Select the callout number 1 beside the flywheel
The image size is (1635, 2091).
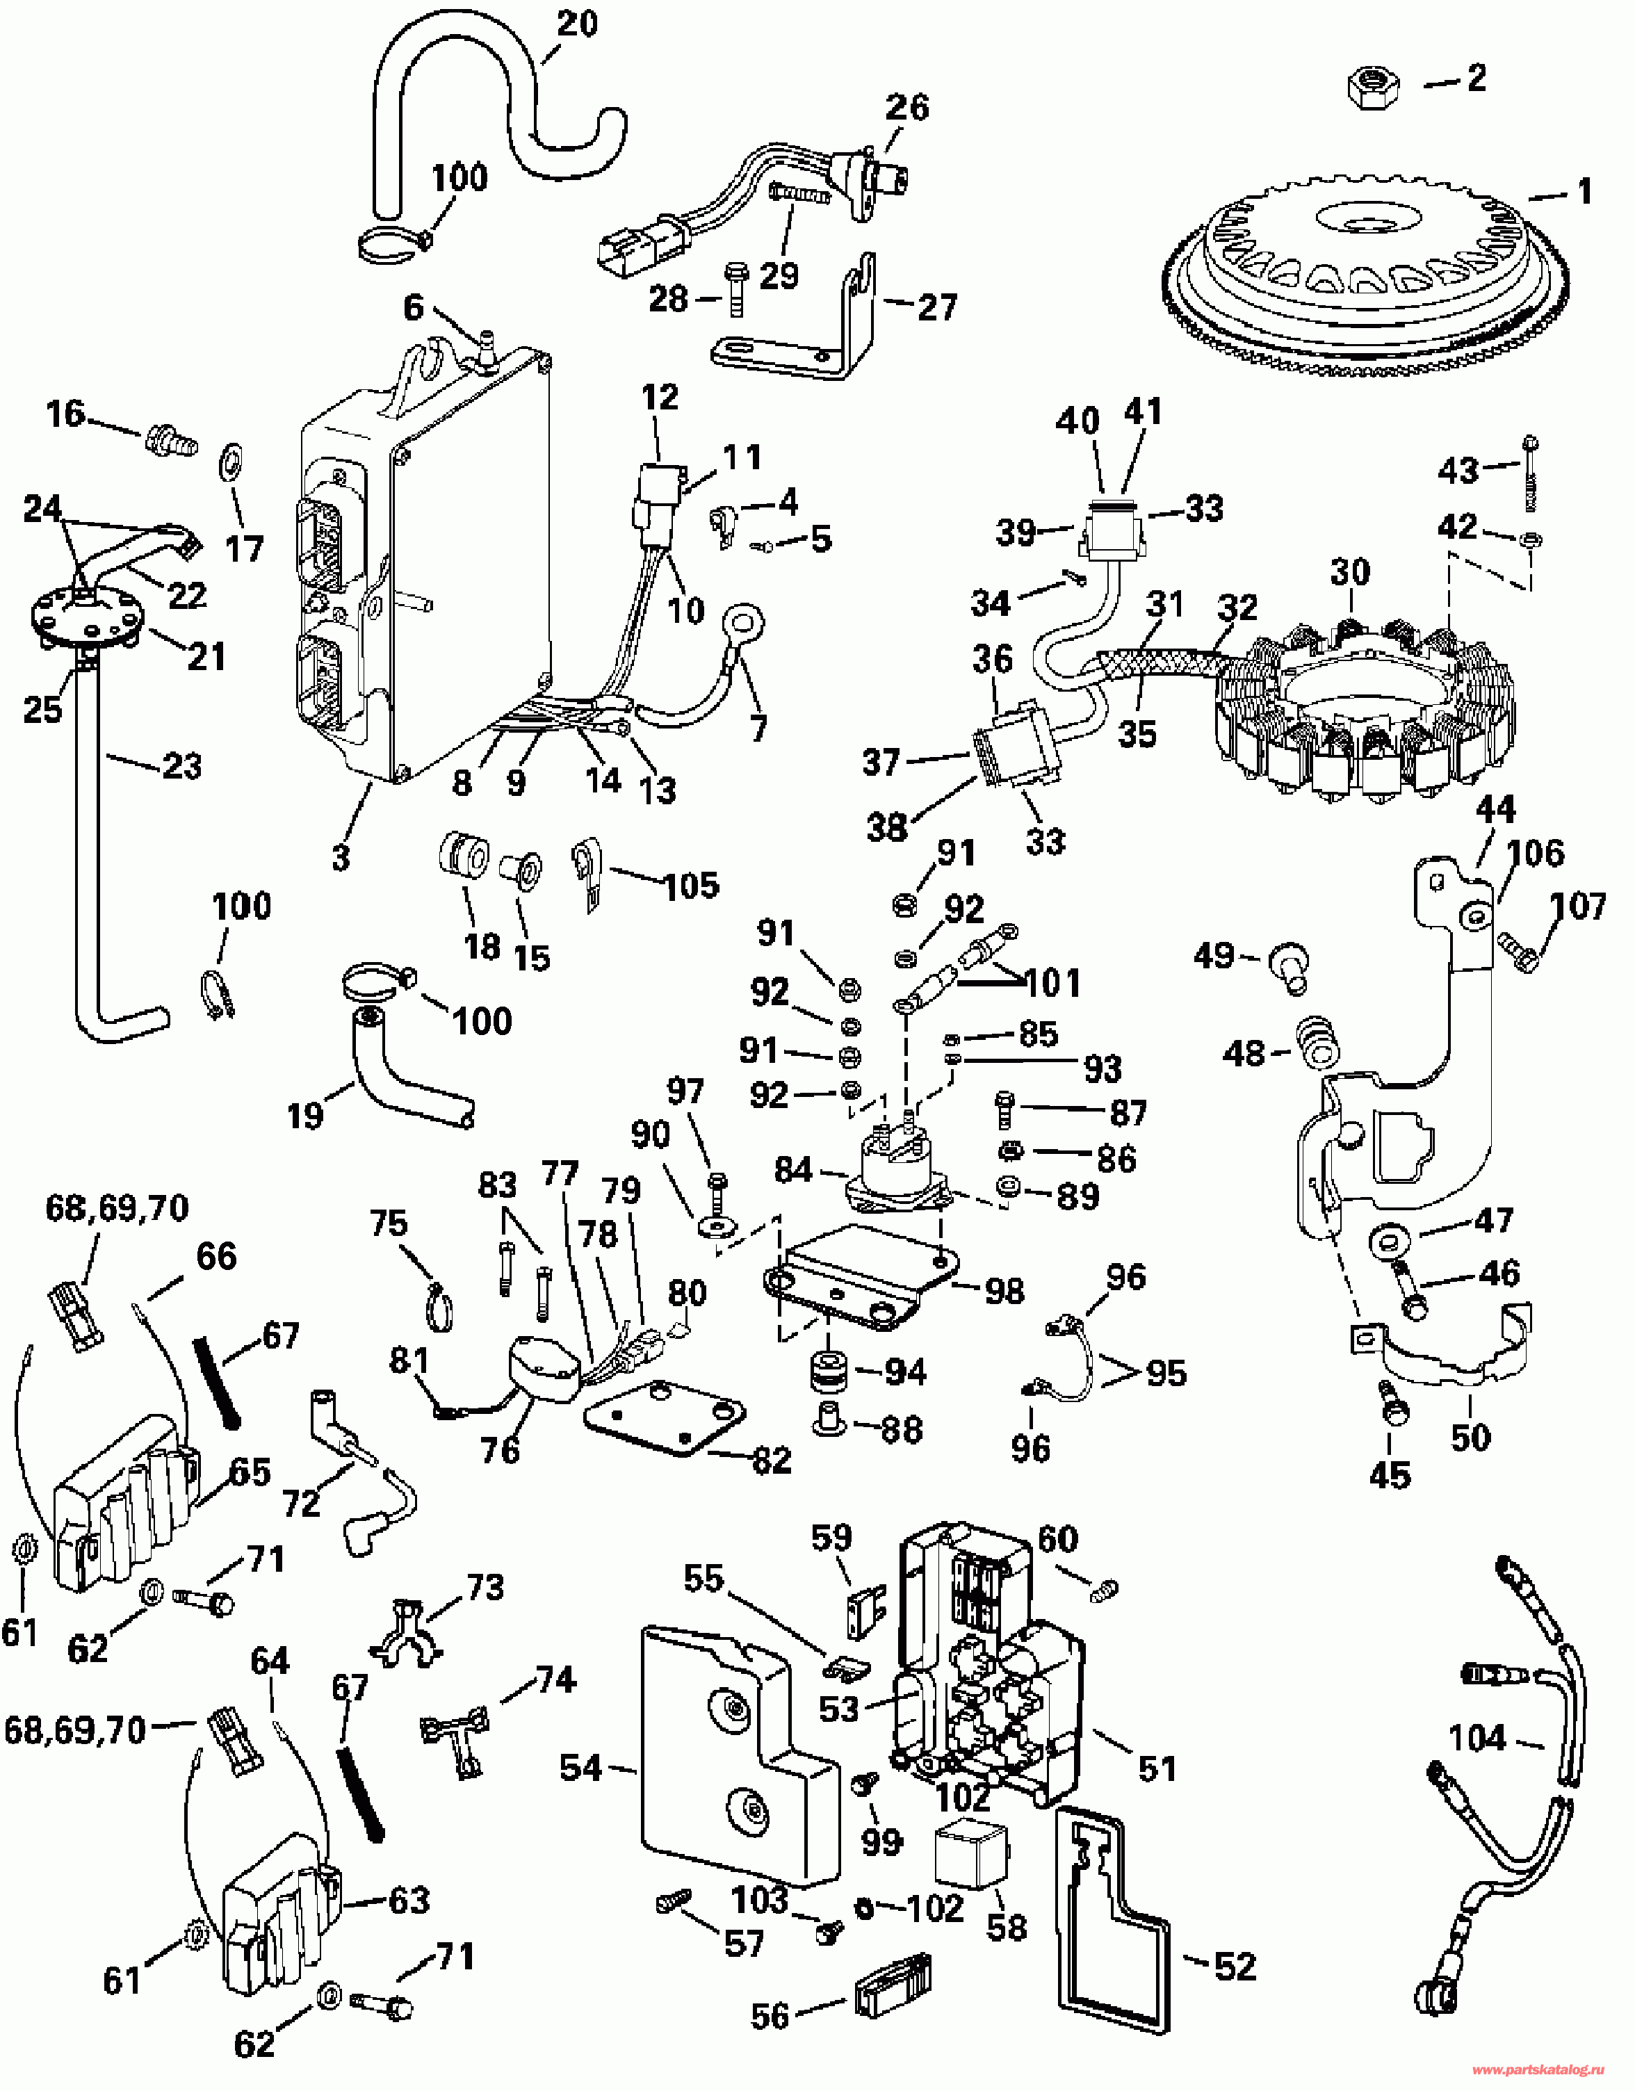1584,191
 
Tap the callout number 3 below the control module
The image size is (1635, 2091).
341,857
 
